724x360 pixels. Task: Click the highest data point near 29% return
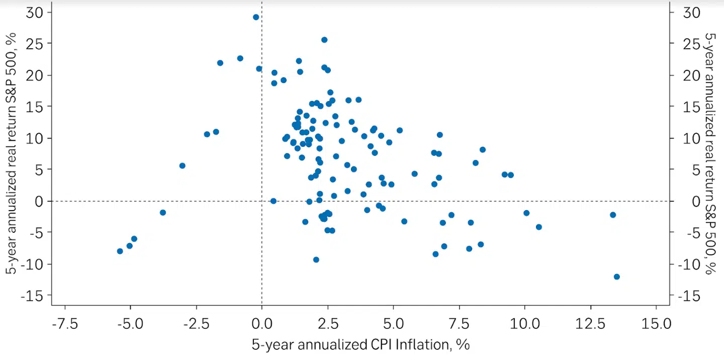point(256,17)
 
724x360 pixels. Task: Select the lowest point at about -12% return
point(617,277)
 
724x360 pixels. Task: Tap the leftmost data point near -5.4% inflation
point(120,251)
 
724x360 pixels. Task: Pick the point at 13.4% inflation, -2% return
point(613,215)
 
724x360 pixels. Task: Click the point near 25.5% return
point(324,40)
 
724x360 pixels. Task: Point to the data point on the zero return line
point(274,201)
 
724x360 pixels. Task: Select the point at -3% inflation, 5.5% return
point(183,165)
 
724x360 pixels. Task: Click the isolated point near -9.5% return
point(316,259)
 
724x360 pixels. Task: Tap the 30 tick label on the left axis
point(34,12)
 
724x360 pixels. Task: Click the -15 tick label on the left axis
point(31,296)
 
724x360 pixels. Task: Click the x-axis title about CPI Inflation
point(361,345)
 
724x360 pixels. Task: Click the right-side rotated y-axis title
point(710,153)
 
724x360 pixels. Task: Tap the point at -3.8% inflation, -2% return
point(162,212)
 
